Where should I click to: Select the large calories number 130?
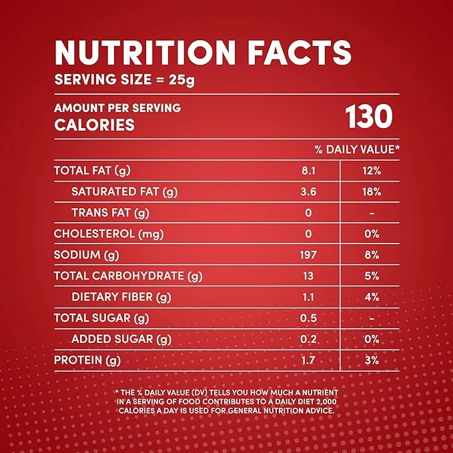point(369,117)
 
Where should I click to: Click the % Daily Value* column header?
point(358,149)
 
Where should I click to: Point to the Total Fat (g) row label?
point(91,171)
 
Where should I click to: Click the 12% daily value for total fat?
point(372,171)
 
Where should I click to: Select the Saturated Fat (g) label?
point(125,192)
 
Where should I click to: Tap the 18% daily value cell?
point(372,192)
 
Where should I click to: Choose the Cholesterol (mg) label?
point(108,234)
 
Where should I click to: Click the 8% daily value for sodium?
point(372,255)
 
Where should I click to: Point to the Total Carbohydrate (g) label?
point(127,276)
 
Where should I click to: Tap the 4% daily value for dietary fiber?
point(372,297)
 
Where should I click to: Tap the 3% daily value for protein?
point(372,360)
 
